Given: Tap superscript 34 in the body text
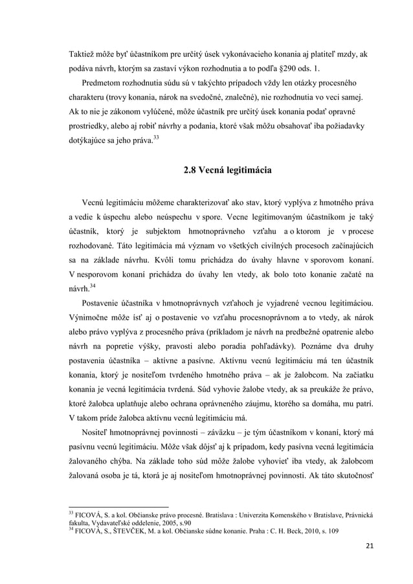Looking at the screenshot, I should coord(94,287).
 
